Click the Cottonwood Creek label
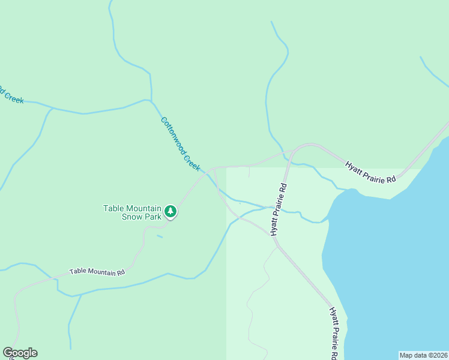point(180,144)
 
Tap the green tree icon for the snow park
point(171,211)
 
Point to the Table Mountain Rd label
point(97,272)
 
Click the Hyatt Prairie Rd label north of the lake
point(371,172)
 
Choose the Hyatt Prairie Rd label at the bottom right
point(334,333)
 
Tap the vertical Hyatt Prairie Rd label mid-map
point(279,209)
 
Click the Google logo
point(20,353)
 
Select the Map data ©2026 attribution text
point(423,355)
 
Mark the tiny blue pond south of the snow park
point(159,236)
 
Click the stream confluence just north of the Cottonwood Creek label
point(151,100)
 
